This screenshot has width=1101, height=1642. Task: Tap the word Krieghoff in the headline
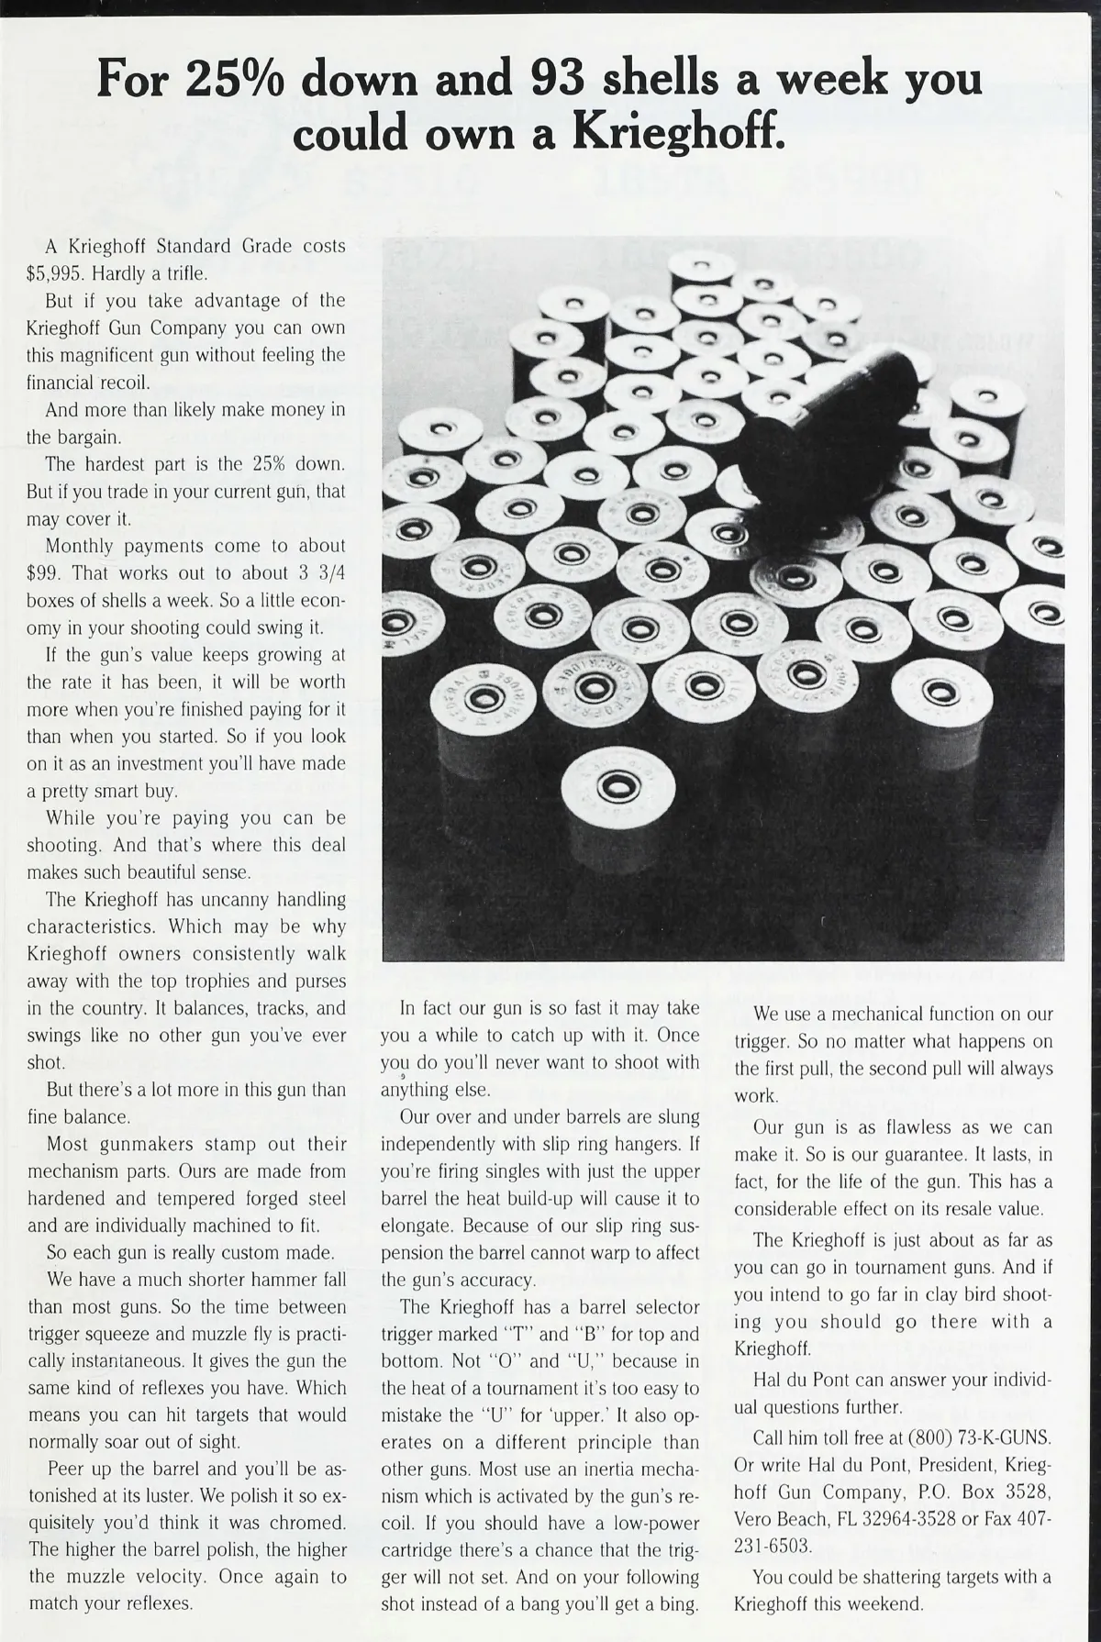(x=679, y=133)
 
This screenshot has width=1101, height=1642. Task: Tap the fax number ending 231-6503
(x=773, y=1546)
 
